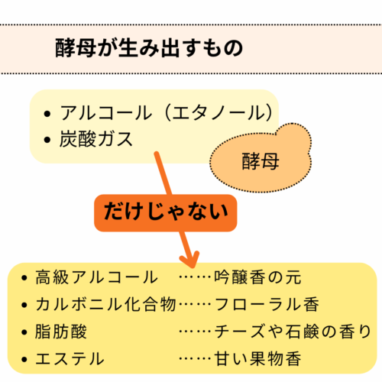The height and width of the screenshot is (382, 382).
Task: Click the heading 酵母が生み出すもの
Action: [149, 48]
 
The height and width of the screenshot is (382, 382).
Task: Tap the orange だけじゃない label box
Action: [166, 213]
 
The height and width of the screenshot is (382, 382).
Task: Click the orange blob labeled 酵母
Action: [261, 158]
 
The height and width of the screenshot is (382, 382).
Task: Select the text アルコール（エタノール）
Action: [167, 113]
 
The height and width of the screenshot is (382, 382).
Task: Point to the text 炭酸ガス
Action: [96, 139]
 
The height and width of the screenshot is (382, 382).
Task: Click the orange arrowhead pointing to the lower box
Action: [189, 259]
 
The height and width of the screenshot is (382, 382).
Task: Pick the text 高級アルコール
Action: [96, 277]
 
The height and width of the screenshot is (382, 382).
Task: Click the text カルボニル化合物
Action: [105, 304]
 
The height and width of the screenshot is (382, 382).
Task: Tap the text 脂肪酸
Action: [61, 332]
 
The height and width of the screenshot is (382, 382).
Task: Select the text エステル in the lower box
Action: [70, 359]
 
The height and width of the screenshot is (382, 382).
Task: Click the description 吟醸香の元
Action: [257, 277]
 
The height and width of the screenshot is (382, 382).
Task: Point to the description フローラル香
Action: [267, 304]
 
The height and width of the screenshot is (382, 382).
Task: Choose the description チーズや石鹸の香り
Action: [293, 332]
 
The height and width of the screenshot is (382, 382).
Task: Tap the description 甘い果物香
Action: [257, 359]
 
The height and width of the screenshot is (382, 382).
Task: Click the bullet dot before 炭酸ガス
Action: [47, 140]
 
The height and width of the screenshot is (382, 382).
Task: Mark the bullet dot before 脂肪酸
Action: [24, 332]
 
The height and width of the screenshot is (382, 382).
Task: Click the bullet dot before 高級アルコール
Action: [24, 277]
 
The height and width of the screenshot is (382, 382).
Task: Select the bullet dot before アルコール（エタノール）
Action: [47, 114]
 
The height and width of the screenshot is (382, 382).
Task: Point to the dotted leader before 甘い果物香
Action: [195, 359]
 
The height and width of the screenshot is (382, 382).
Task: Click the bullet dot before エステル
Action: [24, 359]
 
